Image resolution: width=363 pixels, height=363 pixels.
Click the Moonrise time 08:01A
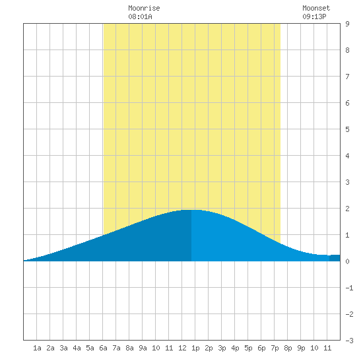[x=140, y=16]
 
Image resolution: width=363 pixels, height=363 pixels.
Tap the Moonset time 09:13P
[x=314, y=16]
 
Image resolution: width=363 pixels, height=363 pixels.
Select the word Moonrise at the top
[x=144, y=8]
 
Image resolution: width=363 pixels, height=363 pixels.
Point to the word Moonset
[x=316, y=8]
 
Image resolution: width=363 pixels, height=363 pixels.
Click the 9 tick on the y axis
[x=347, y=24]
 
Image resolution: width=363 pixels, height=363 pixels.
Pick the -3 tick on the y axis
[x=349, y=341]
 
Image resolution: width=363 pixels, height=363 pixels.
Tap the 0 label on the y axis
[x=347, y=261]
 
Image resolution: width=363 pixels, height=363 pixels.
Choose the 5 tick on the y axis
[x=347, y=129]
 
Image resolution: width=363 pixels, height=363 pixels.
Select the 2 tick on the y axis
[x=347, y=209]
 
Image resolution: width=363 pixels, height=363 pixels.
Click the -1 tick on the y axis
[x=349, y=288]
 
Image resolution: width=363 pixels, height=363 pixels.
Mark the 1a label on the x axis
[x=37, y=348]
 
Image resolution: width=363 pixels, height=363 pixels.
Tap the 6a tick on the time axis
[x=103, y=348]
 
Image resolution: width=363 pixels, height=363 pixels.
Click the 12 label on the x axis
[x=182, y=348]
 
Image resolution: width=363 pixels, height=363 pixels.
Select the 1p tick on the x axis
[x=195, y=348]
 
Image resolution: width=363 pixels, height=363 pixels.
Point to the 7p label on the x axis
[x=275, y=348]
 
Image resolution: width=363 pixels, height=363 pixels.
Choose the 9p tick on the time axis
[x=301, y=348]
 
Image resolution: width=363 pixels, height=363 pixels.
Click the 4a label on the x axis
[x=77, y=348]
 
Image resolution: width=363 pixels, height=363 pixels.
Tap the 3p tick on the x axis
[x=222, y=348]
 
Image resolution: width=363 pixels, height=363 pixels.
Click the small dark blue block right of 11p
[x=335, y=258]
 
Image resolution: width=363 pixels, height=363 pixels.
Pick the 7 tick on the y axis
[x=347, y=77]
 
